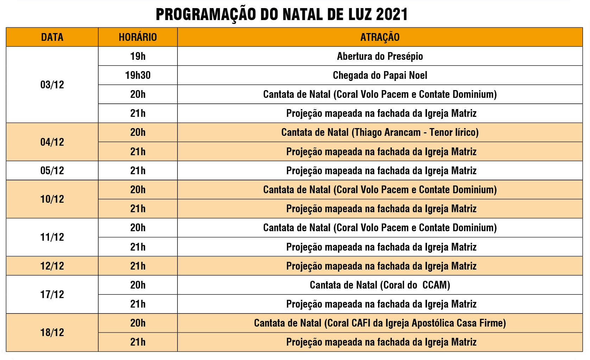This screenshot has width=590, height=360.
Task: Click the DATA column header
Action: [x=52, y=37]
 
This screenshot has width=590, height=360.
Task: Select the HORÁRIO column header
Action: [x=138, y=37]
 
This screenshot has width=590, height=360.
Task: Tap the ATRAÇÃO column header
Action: [x=380, y=37]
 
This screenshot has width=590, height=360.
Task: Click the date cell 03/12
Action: [x=52, y=84]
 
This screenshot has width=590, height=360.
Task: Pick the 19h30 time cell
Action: [x=138, y=75]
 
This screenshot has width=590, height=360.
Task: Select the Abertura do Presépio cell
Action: [x=380, y=56]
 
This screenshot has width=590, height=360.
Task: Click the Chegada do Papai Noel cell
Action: [x=380, y=75]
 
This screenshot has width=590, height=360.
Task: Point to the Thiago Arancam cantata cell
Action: [x=380, y=132]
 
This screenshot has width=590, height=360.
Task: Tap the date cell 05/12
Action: [x=52, y=170]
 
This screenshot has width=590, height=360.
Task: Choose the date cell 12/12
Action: [x=52, y=266]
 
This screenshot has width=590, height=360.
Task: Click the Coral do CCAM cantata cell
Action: [x=380, y=285]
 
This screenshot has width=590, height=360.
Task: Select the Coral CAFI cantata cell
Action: [x=380, y=323]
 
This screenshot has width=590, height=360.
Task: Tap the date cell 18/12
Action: [x=52, y=332]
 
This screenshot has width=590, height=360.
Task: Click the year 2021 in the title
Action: [x=391, y=14]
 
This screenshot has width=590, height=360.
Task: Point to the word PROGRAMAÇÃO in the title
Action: [x=206, y=14]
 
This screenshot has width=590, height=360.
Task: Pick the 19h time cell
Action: [x=138, y=56]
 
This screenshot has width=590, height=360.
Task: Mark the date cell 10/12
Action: [x=52, y=199]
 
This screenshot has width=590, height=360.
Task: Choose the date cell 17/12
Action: [x=52, y=294]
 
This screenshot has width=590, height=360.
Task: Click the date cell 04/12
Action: [x=52, y=142]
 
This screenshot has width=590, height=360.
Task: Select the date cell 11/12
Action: [x=52, y=237]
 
